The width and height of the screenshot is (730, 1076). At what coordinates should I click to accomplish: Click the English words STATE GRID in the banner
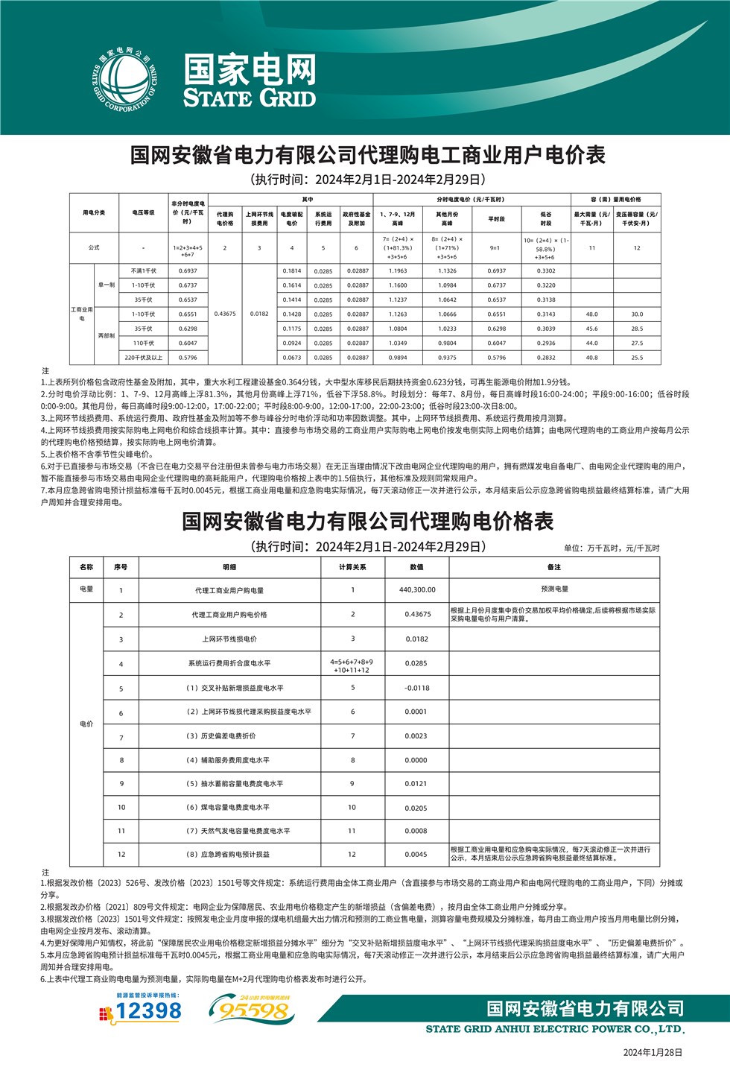(x=250, y=98)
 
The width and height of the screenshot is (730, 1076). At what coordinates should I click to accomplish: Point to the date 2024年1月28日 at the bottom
(x=652, y=1052)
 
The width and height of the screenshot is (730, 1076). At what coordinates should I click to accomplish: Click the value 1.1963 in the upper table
(x=398, y=271)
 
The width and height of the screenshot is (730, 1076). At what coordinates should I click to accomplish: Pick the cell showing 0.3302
(x=546, y=271)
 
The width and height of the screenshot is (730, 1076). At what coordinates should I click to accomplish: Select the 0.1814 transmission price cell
(x=291, y=271)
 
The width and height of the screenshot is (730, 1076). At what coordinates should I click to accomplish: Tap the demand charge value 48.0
(x=591, y=314)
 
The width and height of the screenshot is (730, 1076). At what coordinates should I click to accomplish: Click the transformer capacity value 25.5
(x=637, y=358)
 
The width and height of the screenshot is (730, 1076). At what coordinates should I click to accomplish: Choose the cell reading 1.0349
(x=398, y=344)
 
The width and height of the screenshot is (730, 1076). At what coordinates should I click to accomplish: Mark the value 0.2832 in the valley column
(x=546, y=358)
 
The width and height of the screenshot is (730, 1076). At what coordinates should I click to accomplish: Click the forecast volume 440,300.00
(x=417, y=589)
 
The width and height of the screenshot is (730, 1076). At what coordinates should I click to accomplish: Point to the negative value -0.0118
(x=417, y=688)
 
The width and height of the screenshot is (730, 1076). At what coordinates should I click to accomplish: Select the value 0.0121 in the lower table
(x=416, y=784)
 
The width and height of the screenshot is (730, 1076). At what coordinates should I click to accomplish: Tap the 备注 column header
(x=553, y=567)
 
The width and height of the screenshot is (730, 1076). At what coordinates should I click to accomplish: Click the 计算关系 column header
(x=352, y=567)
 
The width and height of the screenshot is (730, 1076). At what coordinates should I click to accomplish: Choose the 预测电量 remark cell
(x=554, y=589)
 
